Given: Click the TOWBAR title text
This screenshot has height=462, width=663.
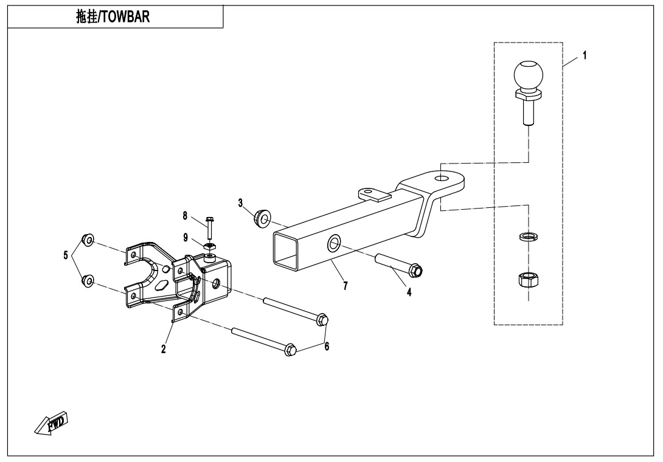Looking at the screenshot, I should click(116, 17).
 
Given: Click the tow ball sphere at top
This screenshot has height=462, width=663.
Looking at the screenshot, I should click(527, 74).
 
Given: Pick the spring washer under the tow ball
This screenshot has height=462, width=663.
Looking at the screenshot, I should click(527, 236).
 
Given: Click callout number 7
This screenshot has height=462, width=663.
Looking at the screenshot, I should click(345, 286).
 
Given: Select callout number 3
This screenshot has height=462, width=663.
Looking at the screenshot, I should click(240, 202).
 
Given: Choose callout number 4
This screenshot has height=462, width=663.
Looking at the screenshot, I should click(409, 292).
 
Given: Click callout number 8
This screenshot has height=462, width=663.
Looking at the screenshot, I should click(185, 215).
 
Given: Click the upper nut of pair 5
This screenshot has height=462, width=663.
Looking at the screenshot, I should click(87, 240).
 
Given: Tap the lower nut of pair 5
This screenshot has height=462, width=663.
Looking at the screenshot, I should click(87, 280).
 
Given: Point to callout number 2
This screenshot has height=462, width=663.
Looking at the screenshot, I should click(164, 349).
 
